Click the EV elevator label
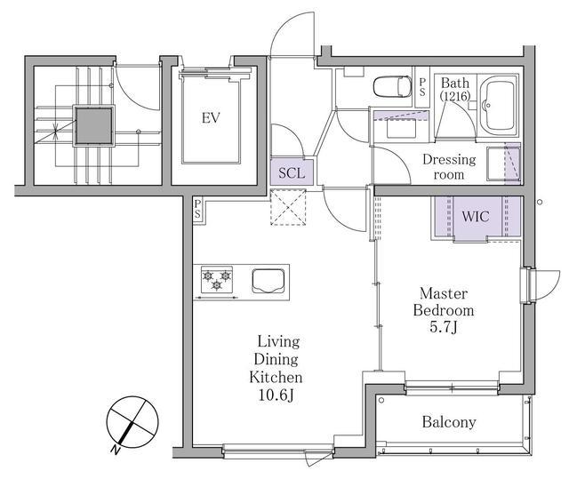pyautogui.click(x=211, y=118)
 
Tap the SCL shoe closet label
pyautogui.click(x=292, y=173)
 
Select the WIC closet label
pyautogui.click(x=476, y=217)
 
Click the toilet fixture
pyautogui.click(x=392, y=87)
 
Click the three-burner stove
pyautogui.click(x=217, y=280)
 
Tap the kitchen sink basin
pyautogui.click(x=268, y=280)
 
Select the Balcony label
pyautogui.click(x=449, y=422)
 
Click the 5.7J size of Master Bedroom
pyautogui.click(x=444, y=327)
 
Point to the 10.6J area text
pyautogui.click(x=276, y=395)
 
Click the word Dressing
pyautogui.click(x=449, y=160)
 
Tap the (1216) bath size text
pyautogui.click(x=455, y=96)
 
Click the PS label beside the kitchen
pyautogui.click(x=197, y=209)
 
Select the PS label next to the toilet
pyautogui.click(x=422, y=87)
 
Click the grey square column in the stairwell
pyautogui.click(x=93, y=126)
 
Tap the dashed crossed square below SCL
pyautogui.click(x=288, y=207)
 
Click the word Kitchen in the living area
pyautogui.click(x=276, y=378)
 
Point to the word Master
pyautogui.click(x=444, y=293)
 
